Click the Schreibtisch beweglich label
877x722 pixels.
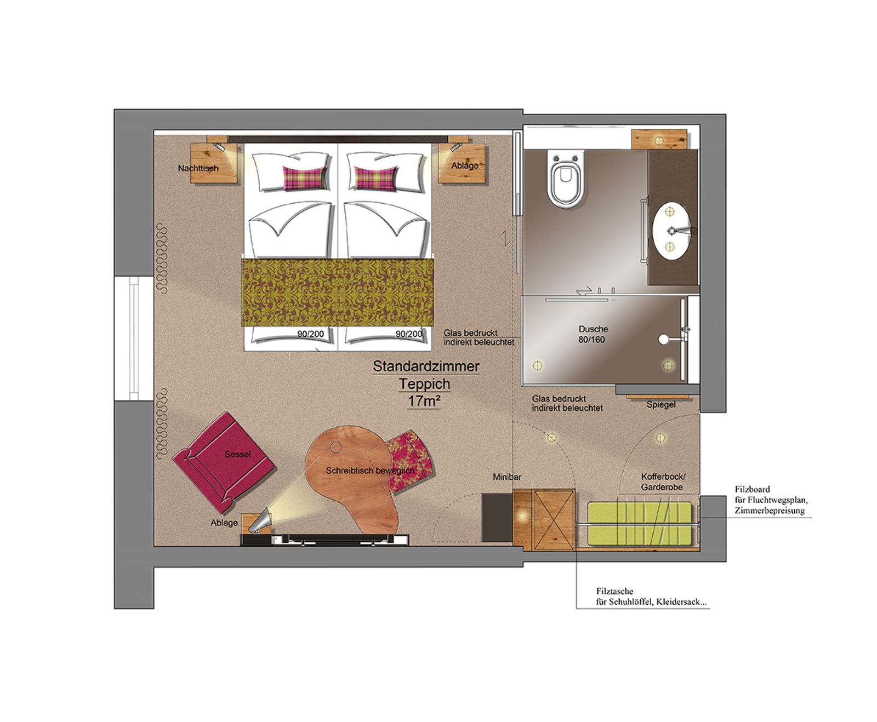click(x=370, y=471)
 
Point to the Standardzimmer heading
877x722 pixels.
click(x=426, y=366)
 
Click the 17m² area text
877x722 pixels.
click(x=424, y=402)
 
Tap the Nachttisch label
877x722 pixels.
click(x=198, y=168)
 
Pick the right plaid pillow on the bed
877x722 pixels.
click(x=377, y=178)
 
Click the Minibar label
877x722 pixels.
click(x=507, y=478)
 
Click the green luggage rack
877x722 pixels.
click(x=641, y=524)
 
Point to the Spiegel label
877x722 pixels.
click(x=660, y=405)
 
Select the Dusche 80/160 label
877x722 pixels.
click(x=593, y=334)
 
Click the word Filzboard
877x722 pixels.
click(x=752, y=489)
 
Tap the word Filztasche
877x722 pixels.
click(x=614, y=592)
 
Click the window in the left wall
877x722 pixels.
click(x=134, y=339)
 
